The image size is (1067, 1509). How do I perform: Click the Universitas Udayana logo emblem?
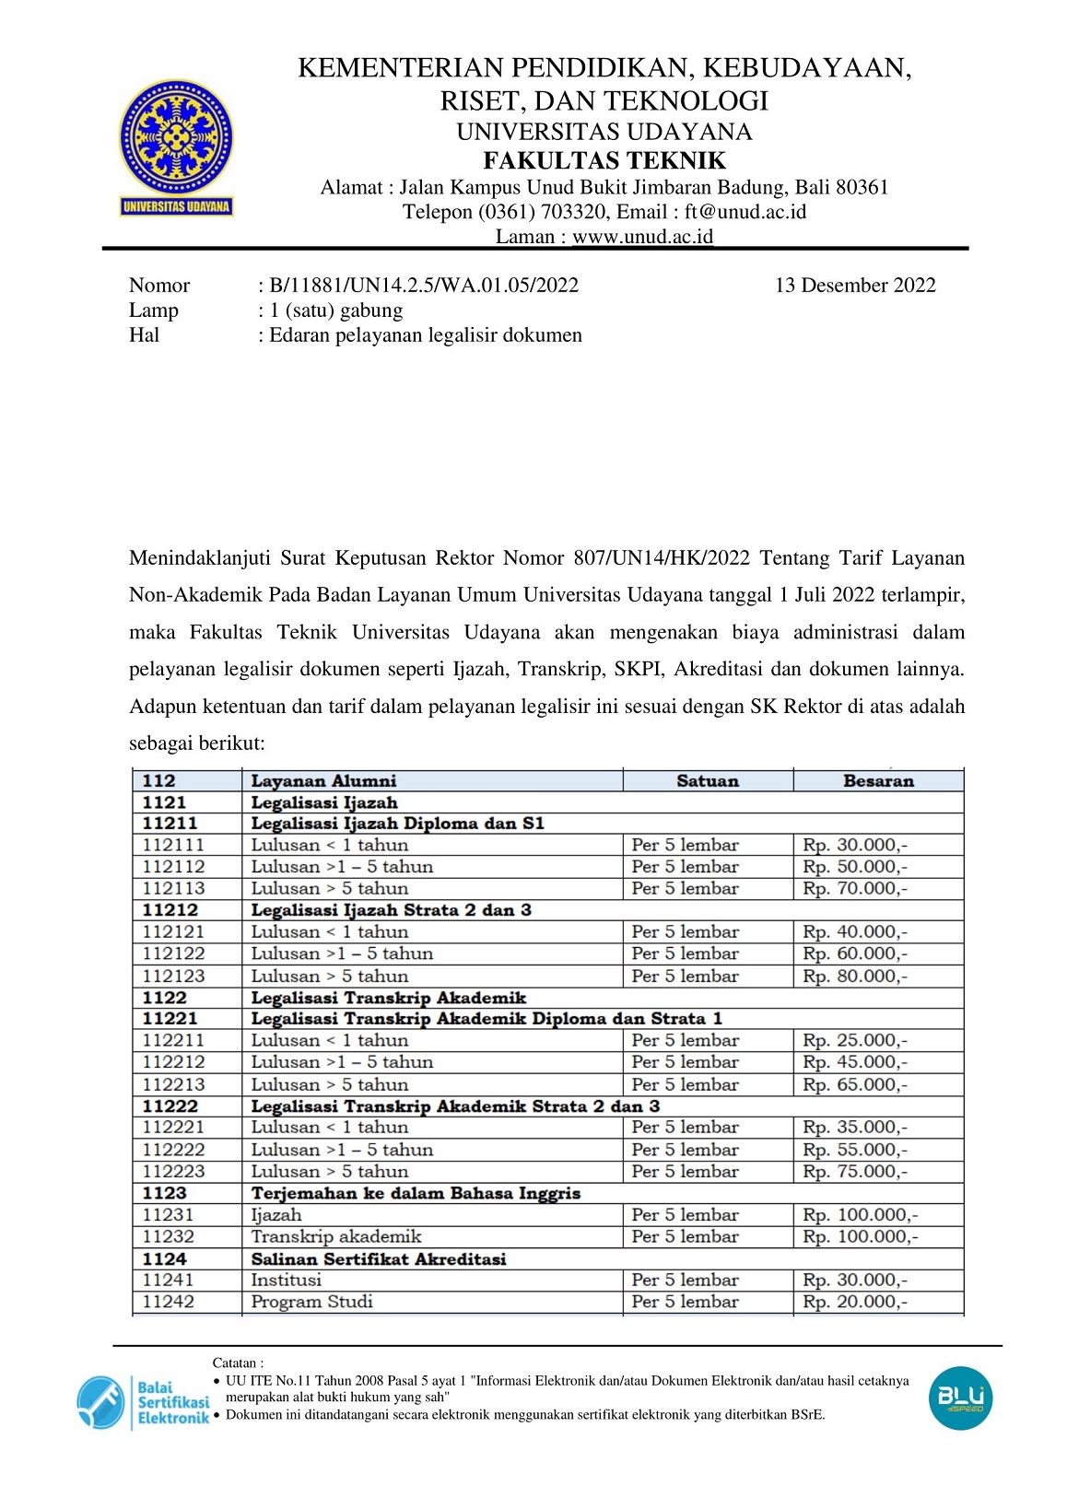[176, 138]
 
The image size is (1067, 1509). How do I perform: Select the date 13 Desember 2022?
[855, 286]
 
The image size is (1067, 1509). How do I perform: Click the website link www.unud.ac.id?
[642, 237]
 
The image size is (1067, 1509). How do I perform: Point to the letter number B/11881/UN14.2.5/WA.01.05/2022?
[424, 286]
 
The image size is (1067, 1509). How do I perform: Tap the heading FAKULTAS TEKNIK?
[604, 161]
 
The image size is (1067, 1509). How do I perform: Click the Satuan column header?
[708, 781]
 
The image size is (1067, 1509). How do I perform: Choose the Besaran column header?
[878, 781]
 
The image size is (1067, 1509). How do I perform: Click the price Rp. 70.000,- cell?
[854, 889]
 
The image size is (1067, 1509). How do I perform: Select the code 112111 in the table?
[173, 845]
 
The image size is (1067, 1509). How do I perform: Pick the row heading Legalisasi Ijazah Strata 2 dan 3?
[391, 910]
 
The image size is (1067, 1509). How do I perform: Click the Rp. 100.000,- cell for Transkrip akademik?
[860, 1237]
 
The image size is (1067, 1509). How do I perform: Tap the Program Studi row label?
[311, 1302]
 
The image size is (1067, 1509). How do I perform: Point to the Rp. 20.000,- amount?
[854, 1302]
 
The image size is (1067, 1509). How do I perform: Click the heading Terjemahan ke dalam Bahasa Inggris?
[416, 1193]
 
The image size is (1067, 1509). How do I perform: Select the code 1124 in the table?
[165, 1258]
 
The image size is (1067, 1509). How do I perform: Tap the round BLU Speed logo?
[960, 1398]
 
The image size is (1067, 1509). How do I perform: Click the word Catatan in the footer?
[237, 1363]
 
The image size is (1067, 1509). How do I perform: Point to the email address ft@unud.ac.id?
[745, 213]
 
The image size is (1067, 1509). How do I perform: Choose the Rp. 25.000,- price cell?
[854, 1040]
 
